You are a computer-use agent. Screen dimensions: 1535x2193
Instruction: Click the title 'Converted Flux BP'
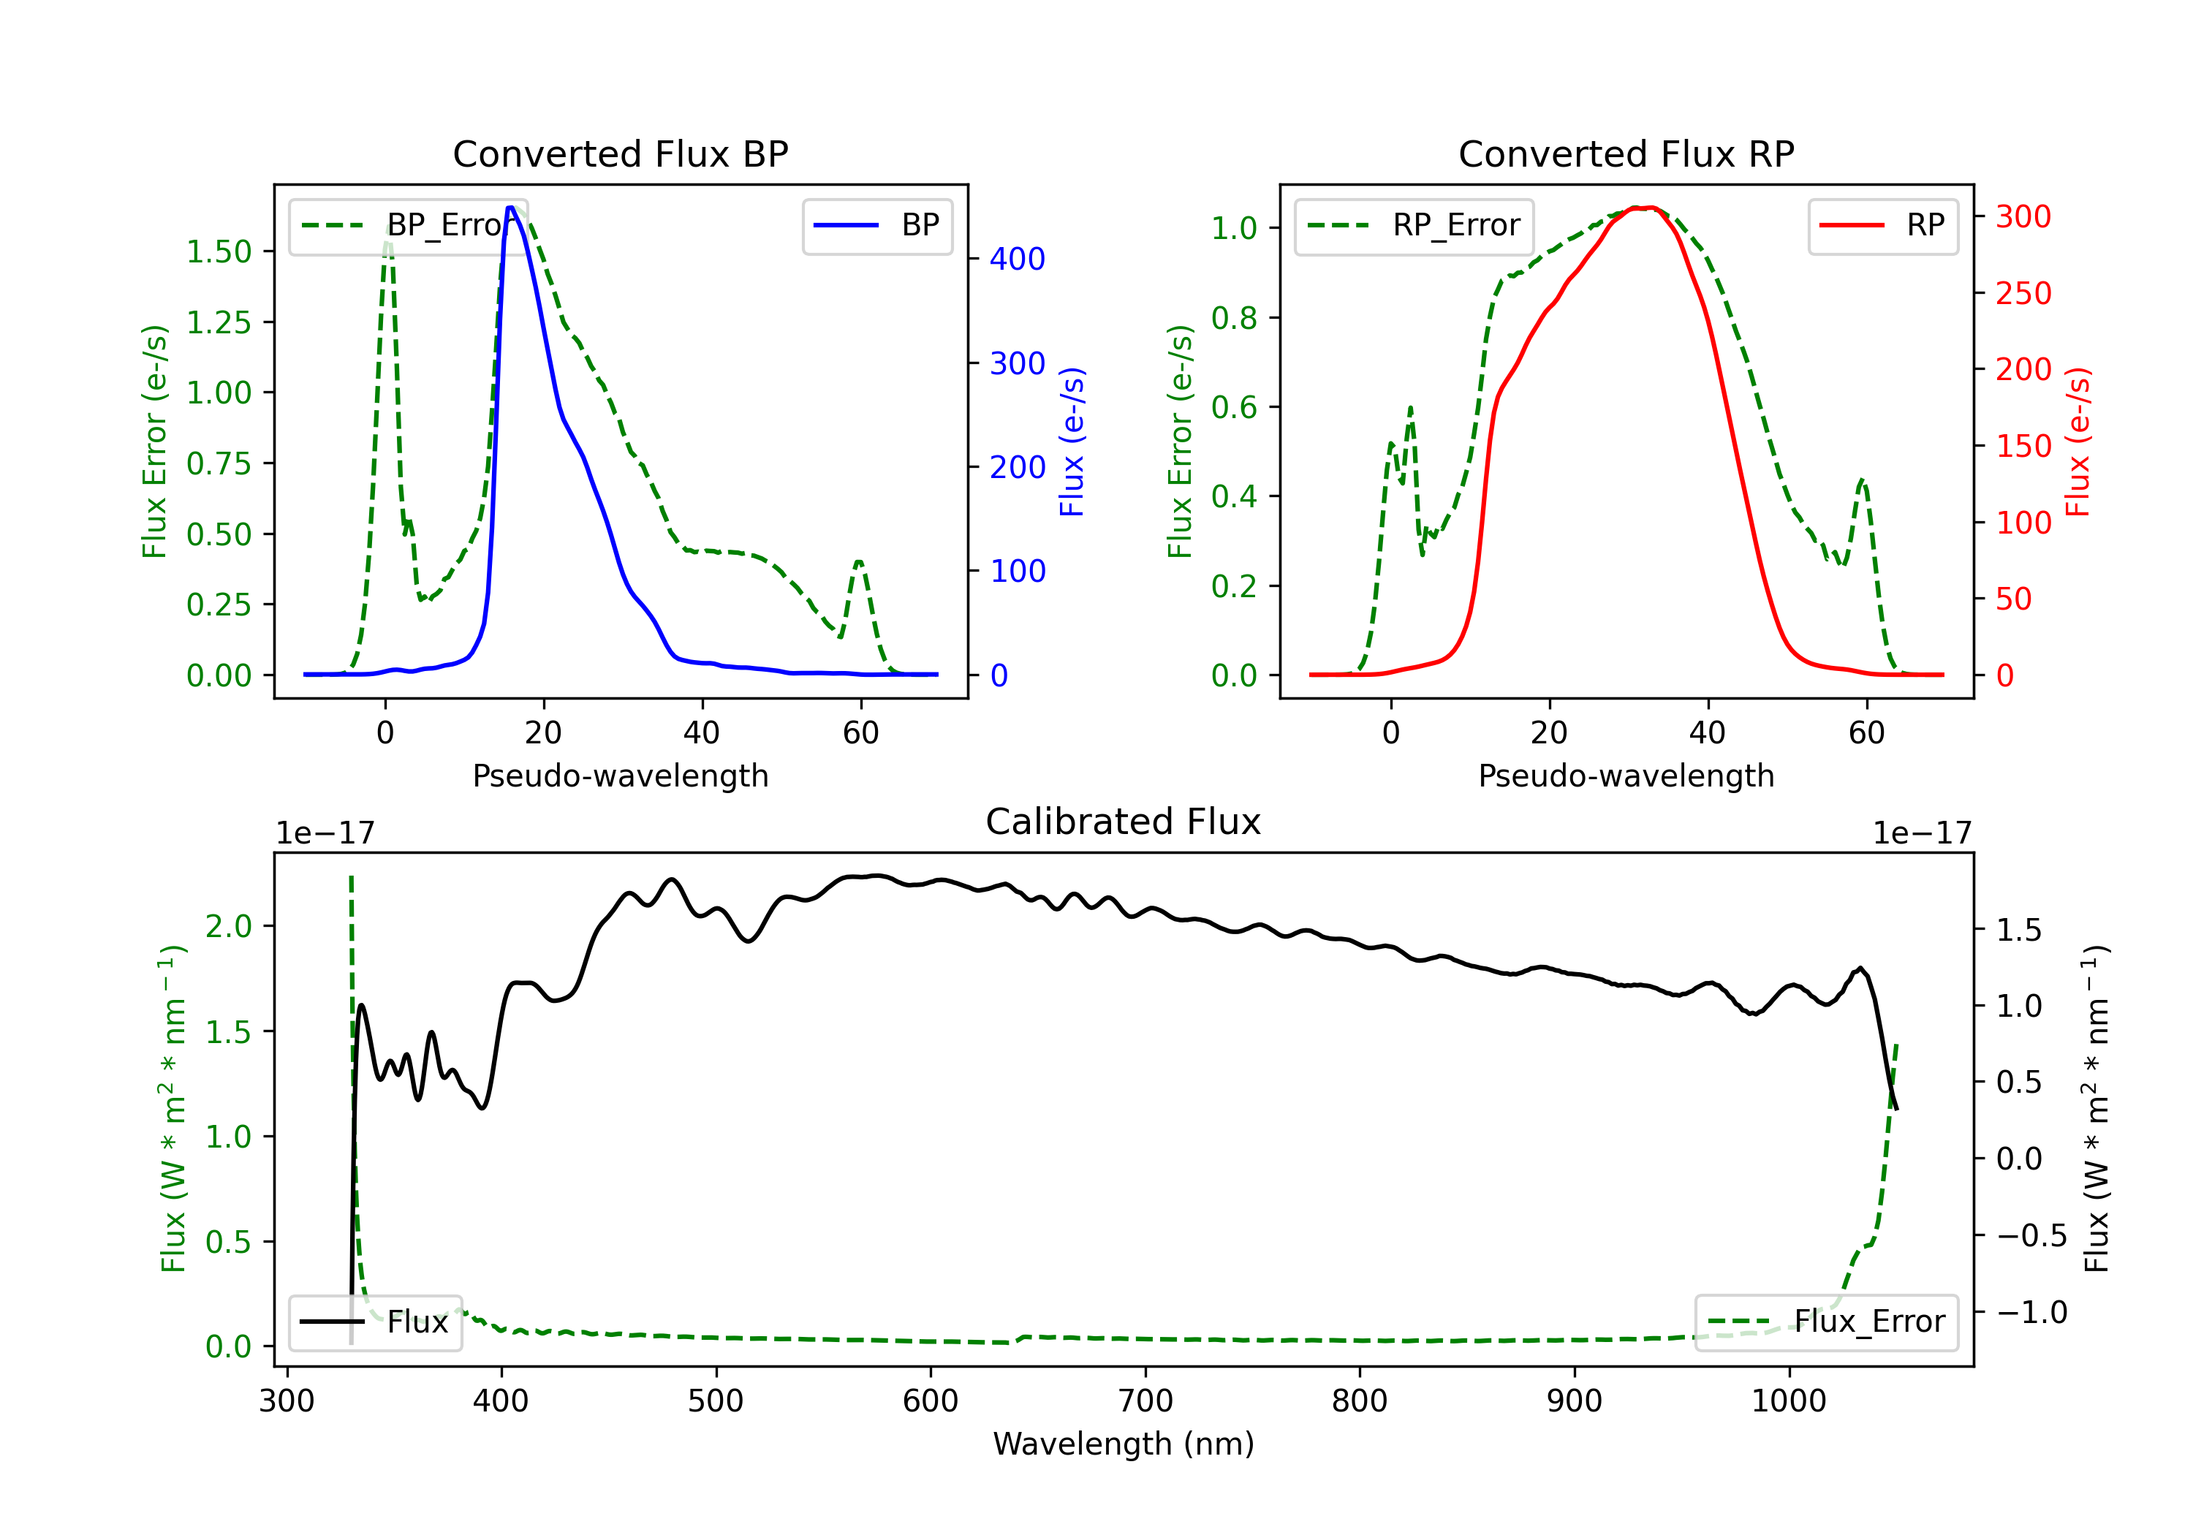click(620, 153)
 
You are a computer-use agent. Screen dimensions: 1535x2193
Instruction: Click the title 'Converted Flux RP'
click(1626, 153)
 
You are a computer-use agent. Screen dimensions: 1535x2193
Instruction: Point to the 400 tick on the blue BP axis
click(1016, 259)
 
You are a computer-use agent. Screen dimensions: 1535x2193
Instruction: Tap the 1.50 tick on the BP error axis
click(219, 251)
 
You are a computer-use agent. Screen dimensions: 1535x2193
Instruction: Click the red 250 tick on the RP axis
click(2023, 293)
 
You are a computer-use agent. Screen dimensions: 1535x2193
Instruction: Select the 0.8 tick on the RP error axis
click(1234, 317)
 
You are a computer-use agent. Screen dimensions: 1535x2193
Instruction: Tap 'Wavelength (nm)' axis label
click(1124, 1444)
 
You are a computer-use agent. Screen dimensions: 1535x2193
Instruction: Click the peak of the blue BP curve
click(511, 208)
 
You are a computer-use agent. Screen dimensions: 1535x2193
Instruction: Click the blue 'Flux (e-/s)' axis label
click(1072, 441)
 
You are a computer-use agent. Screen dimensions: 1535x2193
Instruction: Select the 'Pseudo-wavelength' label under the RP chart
click(1626, 776)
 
